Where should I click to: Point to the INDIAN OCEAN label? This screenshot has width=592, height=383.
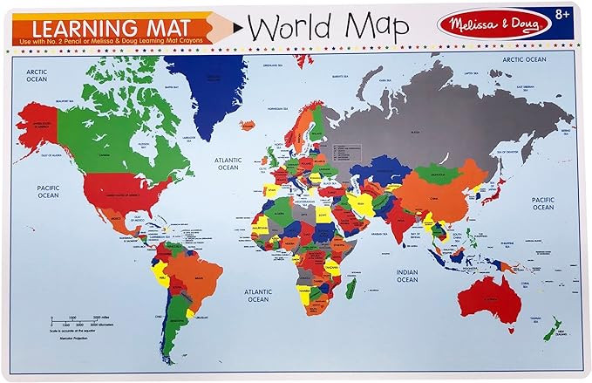[x=407, y=276]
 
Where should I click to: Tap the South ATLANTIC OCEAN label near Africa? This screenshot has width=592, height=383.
[x=258, y=294]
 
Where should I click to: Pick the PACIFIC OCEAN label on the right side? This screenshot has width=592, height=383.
[x=543, y=203]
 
